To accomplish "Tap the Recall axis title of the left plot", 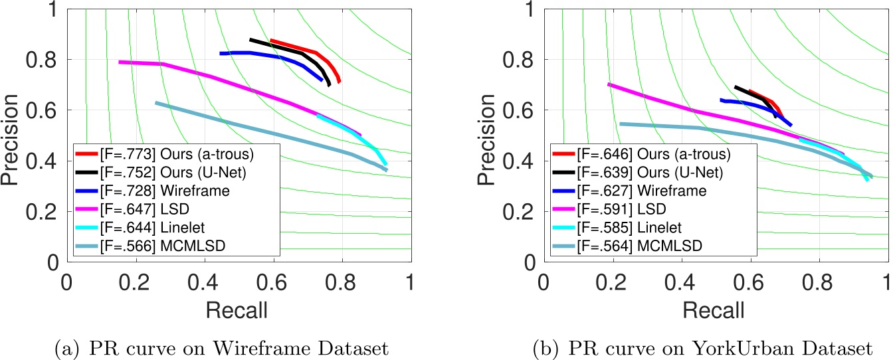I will tap(238, 309).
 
